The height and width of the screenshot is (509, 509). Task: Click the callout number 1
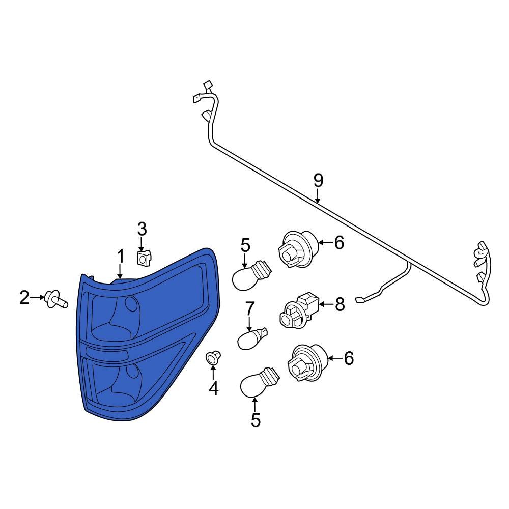121,257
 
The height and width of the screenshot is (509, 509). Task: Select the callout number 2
24,297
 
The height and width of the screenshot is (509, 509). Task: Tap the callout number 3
142,229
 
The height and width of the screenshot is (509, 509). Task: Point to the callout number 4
214,388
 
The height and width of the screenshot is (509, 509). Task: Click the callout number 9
319,181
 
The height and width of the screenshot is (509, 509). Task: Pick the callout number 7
249,309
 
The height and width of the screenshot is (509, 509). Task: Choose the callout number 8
340,304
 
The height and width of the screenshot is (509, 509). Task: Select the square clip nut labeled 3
144,258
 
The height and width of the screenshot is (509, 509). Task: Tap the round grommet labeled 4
213,357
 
